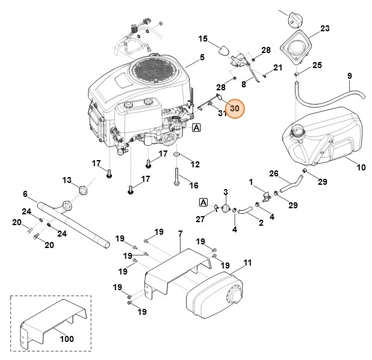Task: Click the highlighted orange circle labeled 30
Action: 235,109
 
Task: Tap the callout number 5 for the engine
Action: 202,58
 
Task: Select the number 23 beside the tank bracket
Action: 324,28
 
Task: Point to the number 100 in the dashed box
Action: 67,338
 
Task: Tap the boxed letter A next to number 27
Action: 203,202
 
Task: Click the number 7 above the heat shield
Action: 180,233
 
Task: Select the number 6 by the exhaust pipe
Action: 25,194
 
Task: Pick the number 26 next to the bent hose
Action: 273,174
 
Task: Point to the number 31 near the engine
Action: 222,113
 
